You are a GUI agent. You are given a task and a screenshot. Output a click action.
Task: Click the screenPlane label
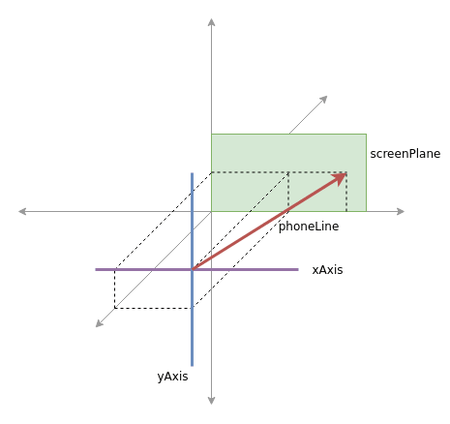(x=405, y=154)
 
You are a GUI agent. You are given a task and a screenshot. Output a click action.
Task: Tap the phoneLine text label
(x=309, y=227)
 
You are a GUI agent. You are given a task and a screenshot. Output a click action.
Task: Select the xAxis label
(x=327, y=270)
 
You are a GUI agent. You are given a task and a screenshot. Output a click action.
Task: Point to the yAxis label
(x=172, y=377)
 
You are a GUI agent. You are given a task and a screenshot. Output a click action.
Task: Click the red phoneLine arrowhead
(x=340, y=178)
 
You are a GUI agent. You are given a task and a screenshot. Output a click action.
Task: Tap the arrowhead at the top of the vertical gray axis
(x=211, y=22)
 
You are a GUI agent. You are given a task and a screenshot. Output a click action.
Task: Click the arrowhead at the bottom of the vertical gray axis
(x=211, y=401)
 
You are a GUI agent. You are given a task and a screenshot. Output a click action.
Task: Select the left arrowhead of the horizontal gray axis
(x=22, y=211)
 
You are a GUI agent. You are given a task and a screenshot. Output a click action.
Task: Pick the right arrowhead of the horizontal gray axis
(x=401, y=211)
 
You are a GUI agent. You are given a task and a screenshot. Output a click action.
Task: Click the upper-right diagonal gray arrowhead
(x=323, y=100)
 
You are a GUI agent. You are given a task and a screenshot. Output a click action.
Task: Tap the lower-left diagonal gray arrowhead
(x=100, y=323)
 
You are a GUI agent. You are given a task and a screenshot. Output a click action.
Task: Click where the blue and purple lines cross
(x=193, y=269)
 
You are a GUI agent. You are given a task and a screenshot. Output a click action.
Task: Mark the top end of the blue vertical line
(x=193, y=173)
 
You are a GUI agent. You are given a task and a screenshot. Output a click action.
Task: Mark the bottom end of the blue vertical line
(x=193, y=366)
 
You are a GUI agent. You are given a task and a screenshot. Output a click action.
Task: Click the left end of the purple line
(x=96, y=269)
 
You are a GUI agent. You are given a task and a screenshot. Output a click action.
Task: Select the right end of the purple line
(x=298, y=269)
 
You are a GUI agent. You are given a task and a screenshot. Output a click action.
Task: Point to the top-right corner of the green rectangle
(x=366, y=134)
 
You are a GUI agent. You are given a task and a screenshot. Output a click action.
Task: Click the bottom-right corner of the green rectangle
(x=366, y=211)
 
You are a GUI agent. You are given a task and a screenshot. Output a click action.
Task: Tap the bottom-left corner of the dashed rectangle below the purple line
(x=115, y=308)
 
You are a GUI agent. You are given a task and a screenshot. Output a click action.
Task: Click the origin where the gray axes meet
(x=211, y=211)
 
